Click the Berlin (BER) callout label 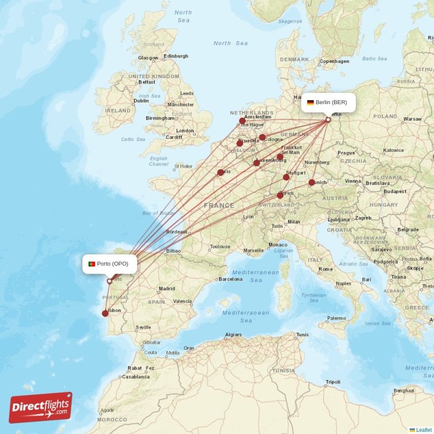pos(330,103)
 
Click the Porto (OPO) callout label pos(110,264)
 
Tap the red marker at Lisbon pos(105,313)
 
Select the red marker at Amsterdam pos(242,121)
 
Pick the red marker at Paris pos(220,173)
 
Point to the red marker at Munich pos(311,183)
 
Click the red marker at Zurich pos(280,195)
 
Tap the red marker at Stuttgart pos(286,177)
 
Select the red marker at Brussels pos(240,143)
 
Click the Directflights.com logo pos(40,407)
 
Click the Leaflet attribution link pos(424,430)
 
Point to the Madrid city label pos(167,289)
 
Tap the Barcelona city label pos(230,279)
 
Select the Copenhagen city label pos(334,61)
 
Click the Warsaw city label pos(412,118)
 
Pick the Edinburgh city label pos(176,56)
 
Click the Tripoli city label pos(333,382)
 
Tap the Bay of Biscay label pos(157,213)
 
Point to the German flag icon pos(310,103)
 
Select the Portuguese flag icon pos(92,264)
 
